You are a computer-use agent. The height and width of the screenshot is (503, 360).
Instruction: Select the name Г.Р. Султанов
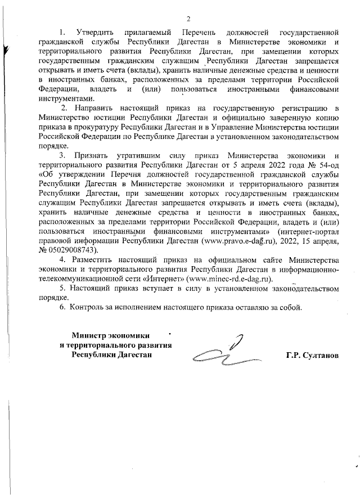[313, 357]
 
